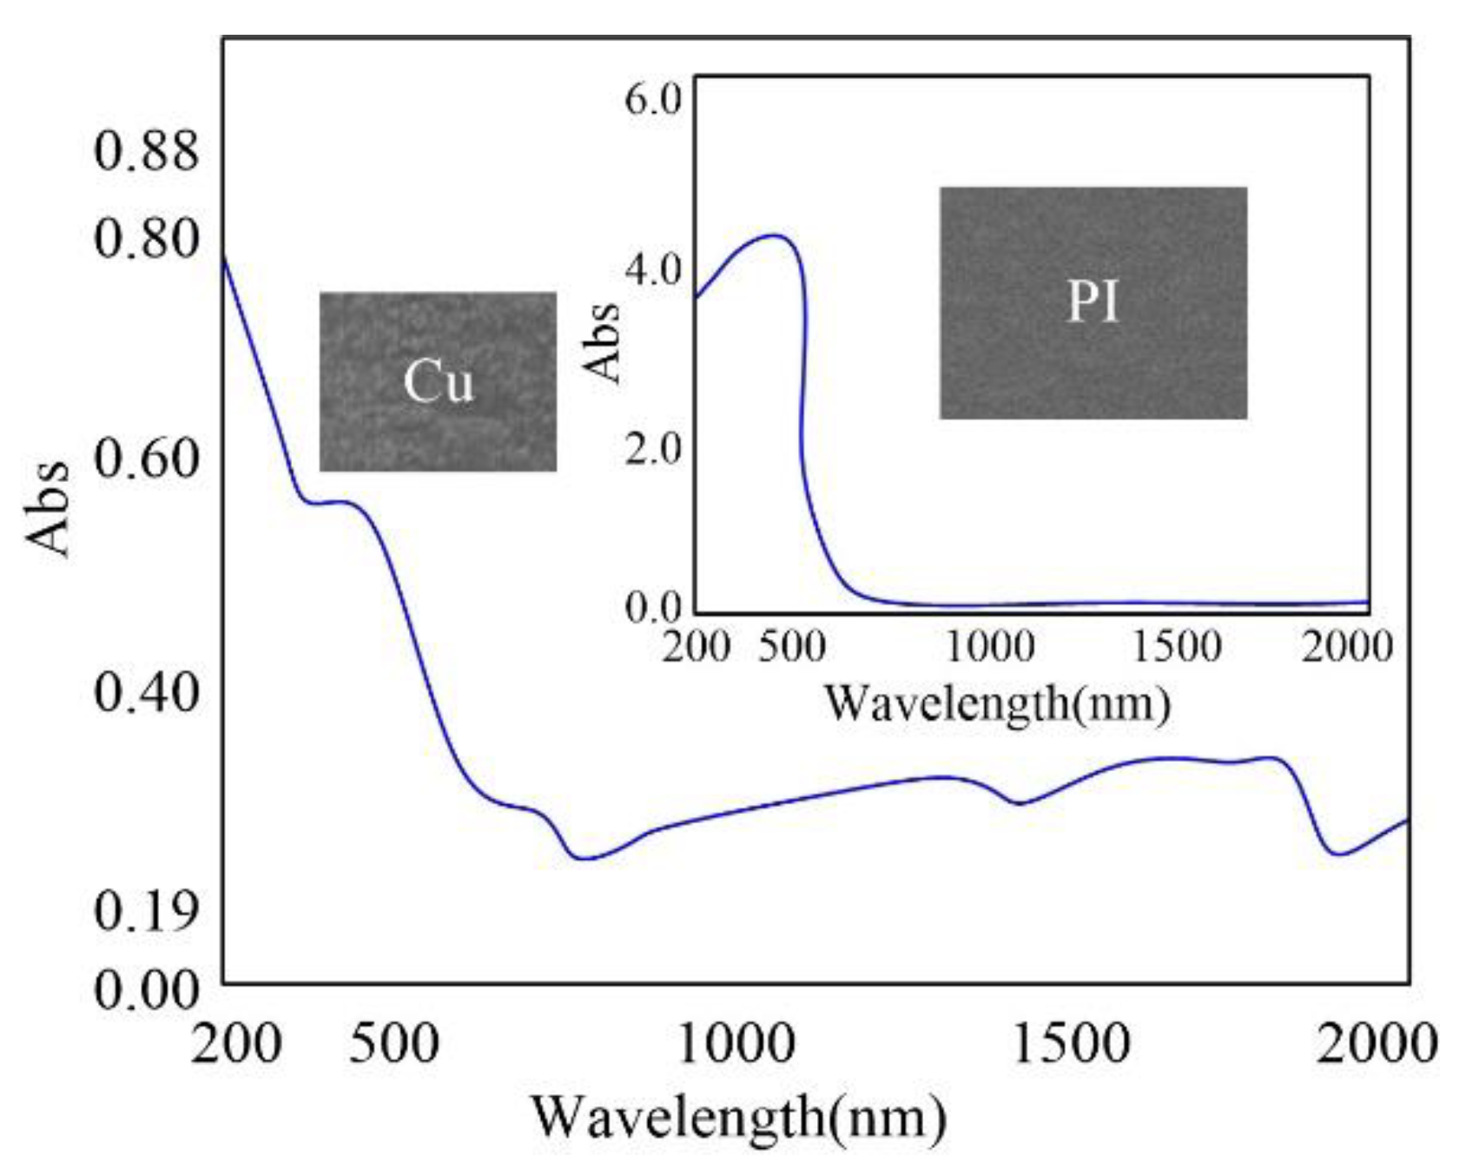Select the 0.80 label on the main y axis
[146, 238]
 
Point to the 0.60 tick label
[146, 459]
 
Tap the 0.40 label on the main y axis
[146, 692]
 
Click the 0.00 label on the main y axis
[146, 989]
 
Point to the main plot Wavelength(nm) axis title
[738, 1118]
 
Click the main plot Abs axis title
[48, 508]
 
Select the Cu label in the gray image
[439, 381]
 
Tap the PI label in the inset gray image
[1093, 302]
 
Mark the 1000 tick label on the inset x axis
[989, 647]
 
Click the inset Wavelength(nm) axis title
[997, 703]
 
